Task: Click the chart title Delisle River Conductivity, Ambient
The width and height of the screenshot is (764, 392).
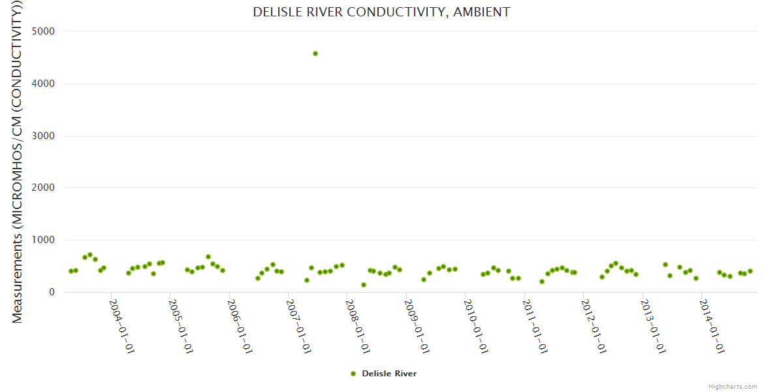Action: point(381,12)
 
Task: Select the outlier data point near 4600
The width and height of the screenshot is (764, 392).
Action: point(315,54)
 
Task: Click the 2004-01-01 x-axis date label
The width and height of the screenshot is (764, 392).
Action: point(121,326)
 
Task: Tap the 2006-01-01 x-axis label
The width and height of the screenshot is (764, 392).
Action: point(240,326)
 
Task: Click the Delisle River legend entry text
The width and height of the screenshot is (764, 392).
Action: point(389,374)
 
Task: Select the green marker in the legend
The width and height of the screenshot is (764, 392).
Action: point(353,374)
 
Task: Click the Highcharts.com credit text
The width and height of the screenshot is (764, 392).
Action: point(733,387)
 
